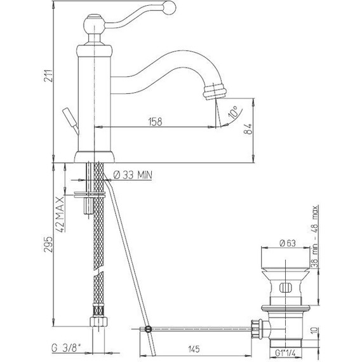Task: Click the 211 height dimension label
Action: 49,76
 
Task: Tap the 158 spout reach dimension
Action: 156,122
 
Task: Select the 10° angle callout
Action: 233,112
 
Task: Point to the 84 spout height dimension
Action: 248,129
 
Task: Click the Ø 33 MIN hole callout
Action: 133,175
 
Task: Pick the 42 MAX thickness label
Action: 60,215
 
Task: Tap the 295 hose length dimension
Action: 48,245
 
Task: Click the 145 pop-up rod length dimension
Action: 194,349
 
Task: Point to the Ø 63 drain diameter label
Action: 287,243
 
